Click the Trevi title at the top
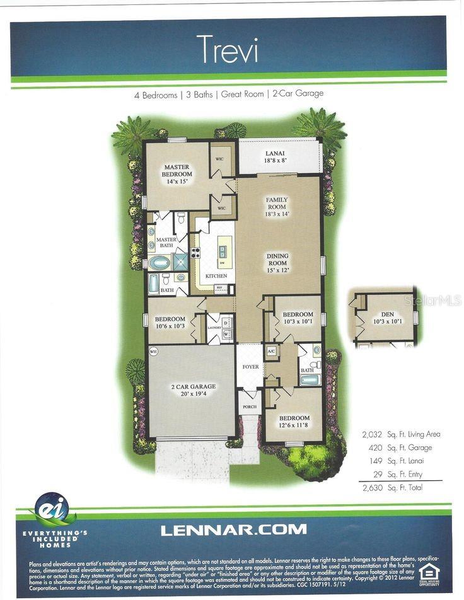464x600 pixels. pos(227,49)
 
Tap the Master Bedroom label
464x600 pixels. pos(177,174)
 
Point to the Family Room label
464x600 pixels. pos(277,207)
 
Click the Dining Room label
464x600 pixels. pos(277,263)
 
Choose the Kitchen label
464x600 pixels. pos(216,276)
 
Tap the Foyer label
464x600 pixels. pos(252,366)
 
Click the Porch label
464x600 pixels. pos(250,407)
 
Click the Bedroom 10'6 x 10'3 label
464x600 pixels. pos(170,323)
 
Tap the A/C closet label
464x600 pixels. pos(272,350)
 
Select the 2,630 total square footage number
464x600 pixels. pos(371,487)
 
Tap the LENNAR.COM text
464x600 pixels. pos(233,529)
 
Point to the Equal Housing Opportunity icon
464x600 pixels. pos(429,573)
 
